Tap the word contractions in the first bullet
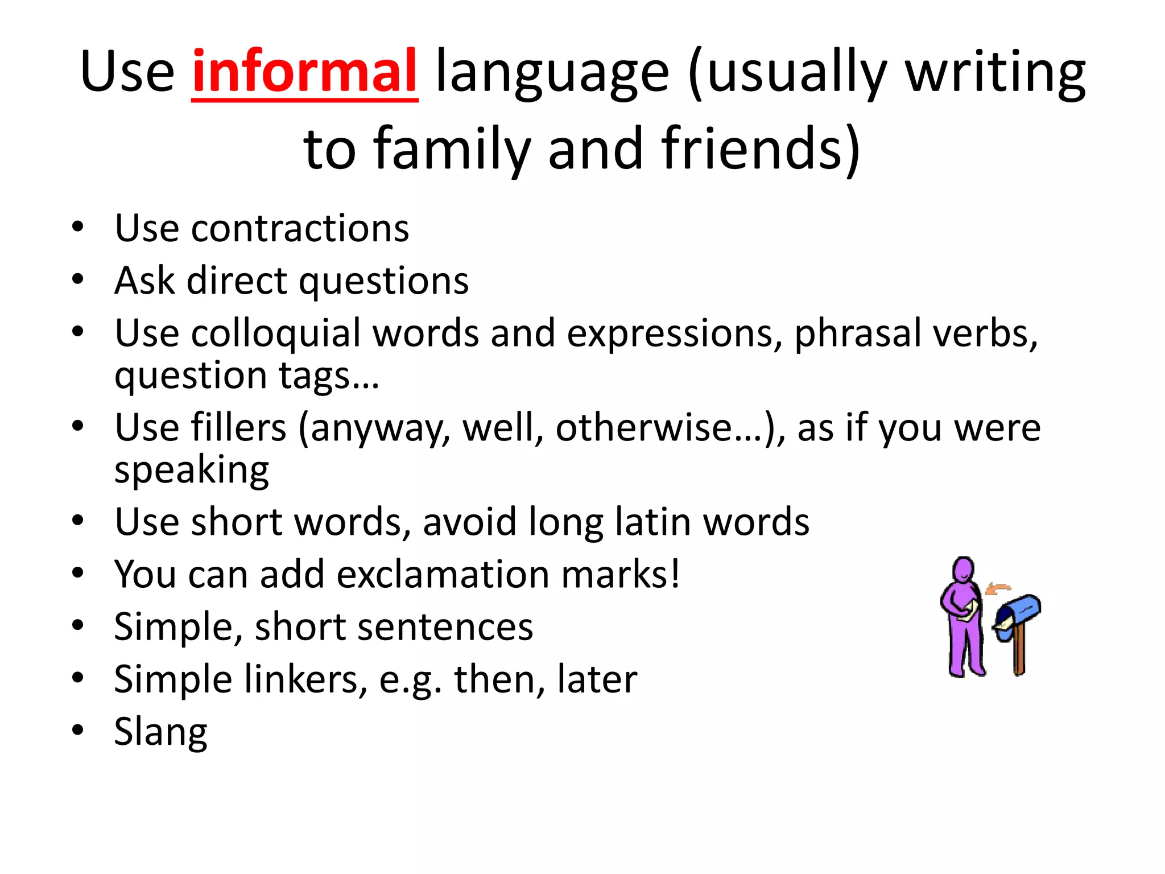300,228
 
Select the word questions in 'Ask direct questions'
384,281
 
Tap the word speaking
192,471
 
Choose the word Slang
160,732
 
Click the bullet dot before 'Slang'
78,730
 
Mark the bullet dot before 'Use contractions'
78,226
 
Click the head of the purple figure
964,570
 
